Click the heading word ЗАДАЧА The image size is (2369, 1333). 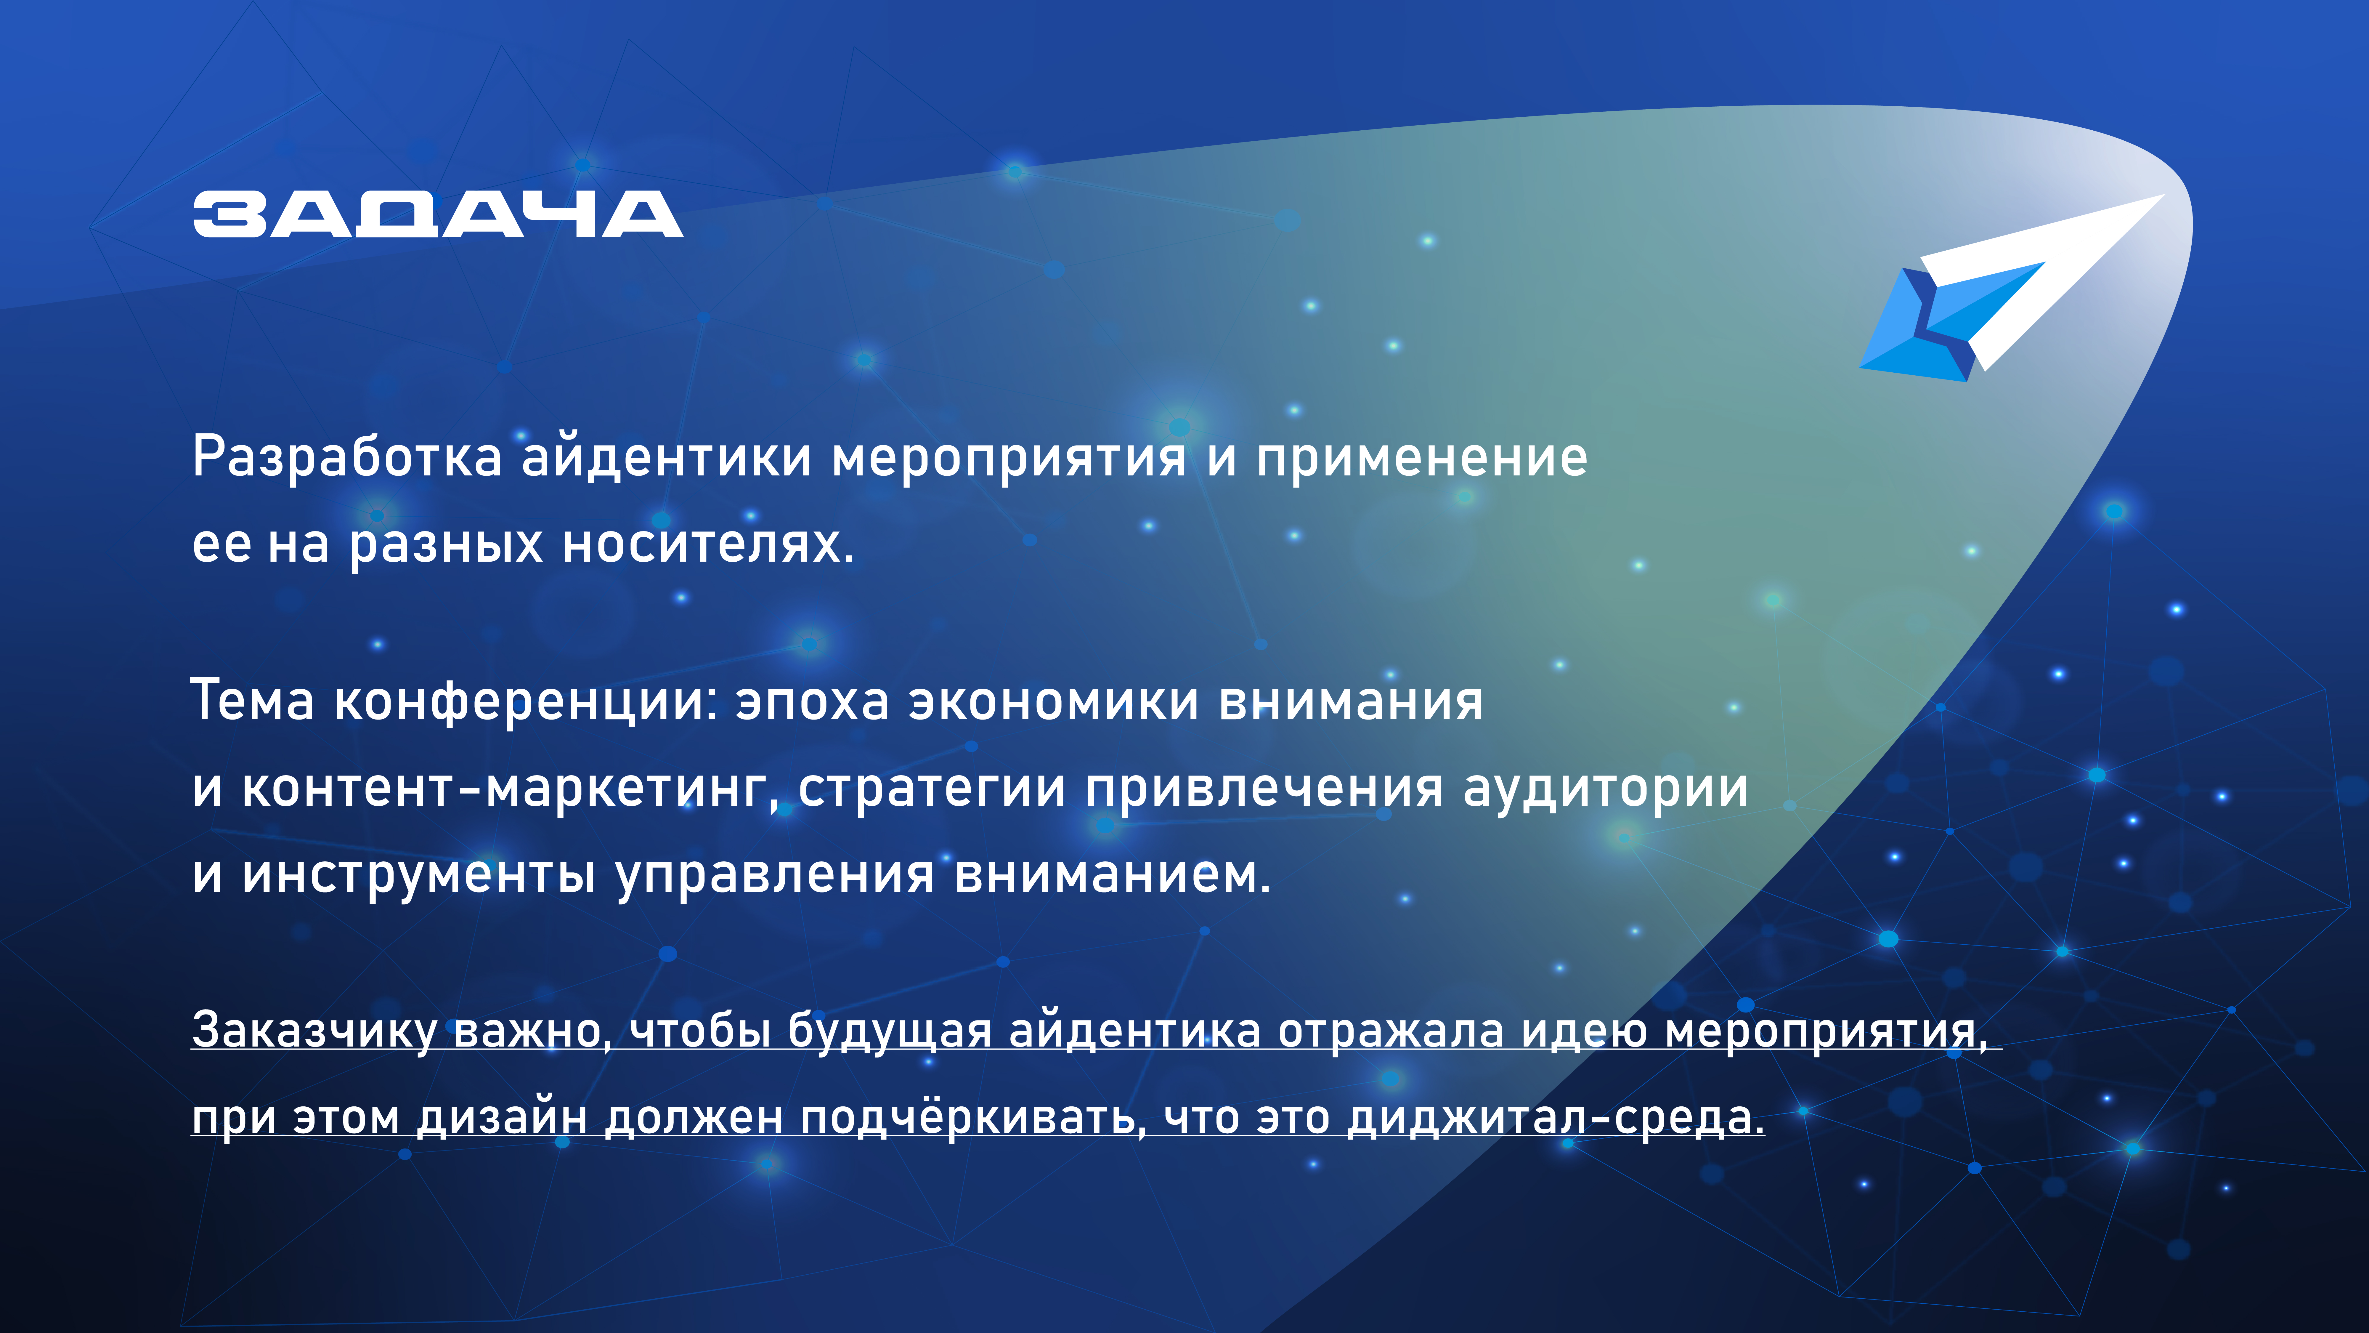tap(438, 214)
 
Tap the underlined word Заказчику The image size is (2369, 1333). tap(314, 1030)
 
